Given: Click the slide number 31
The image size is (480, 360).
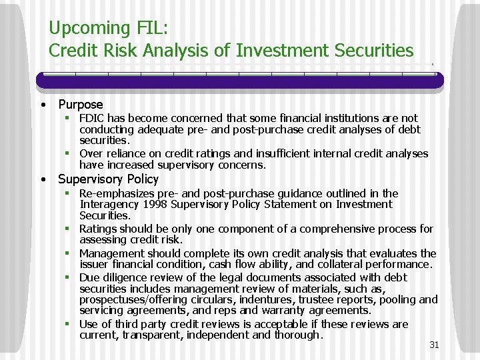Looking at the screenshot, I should click(434, 345).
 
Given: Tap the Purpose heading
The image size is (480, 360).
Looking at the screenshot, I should click(81, 104).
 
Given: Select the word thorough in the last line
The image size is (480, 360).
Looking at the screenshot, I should click(297, 335).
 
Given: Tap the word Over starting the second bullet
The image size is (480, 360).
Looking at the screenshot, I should click(92, 153).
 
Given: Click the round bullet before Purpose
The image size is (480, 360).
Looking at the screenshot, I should click(43, 105).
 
